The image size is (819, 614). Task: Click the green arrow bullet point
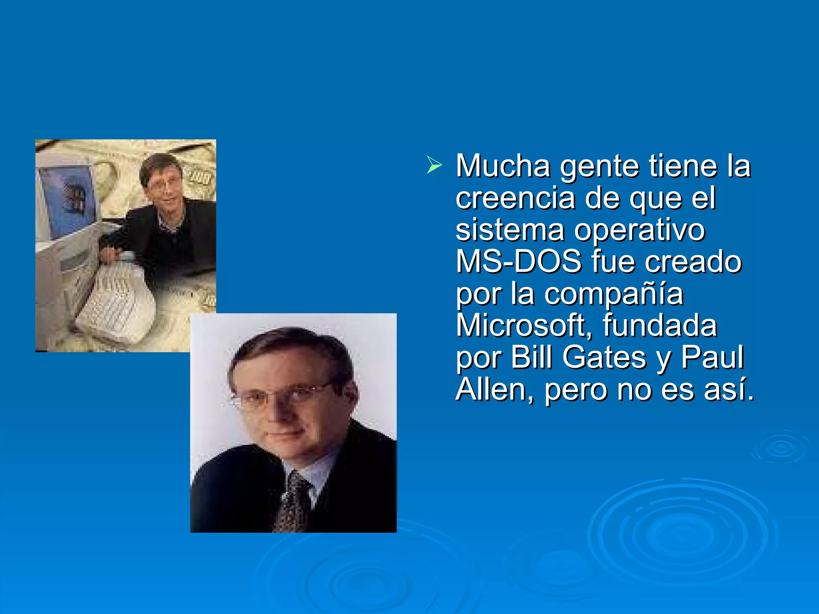pyautogui.click(x=434, y=165)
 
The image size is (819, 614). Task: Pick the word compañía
pyautogui.click(x=613, y=295)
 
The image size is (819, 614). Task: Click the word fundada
pyautogui.click(x=659, y=326)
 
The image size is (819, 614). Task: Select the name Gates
pyautogui.click(x=604, y=357)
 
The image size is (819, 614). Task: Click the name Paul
pyautogui.click(x=712, y=357)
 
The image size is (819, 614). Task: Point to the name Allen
pyautogui.click(x=494, y=389)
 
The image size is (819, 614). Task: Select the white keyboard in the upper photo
pyautogui.click(x=114, y=298)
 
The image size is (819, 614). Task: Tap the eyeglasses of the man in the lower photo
pyautogui.click(x=280, y=396)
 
